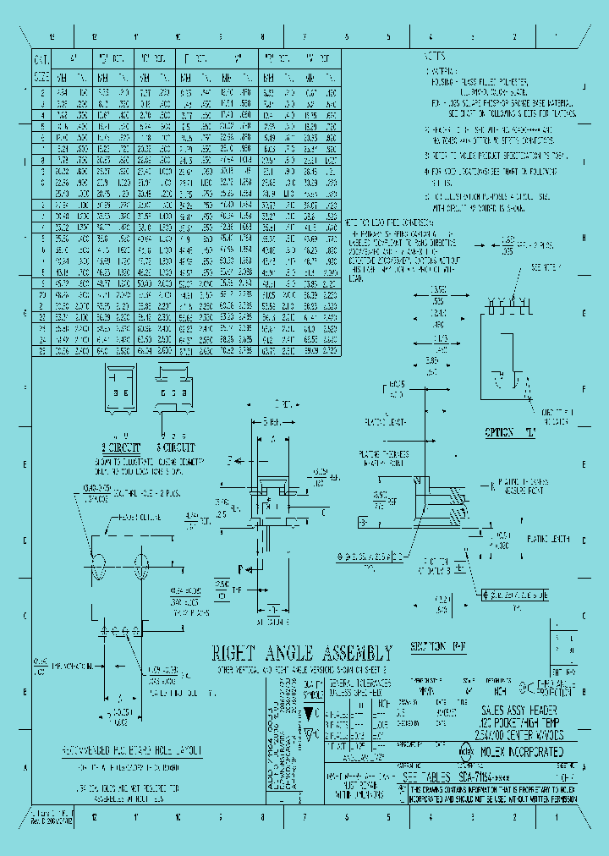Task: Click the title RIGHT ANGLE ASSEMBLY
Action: (x=301, y=653)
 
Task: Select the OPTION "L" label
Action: (x=511, y=432)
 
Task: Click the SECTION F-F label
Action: (x=440, y=647)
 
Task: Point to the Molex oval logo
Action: (x=465, y=750)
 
